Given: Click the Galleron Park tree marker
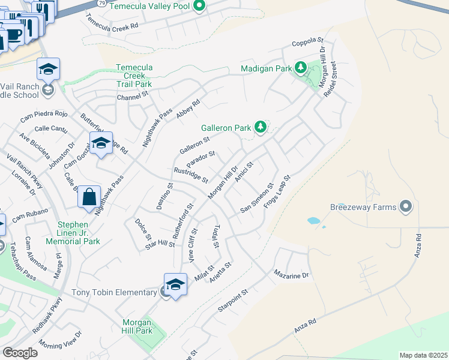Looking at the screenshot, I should click(261, 127).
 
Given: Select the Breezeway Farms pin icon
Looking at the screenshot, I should click(406, 207).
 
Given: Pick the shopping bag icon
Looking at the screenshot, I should click(89, 196).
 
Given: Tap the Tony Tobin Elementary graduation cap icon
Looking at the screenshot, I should click(175, 284).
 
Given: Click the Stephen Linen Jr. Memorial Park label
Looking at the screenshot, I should click(78, 233).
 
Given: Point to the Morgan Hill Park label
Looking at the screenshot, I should click(137, 326).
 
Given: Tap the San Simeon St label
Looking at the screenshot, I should click(256, 199).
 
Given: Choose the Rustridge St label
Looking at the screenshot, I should click(190, 175).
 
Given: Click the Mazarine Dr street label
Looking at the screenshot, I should click(291, 275).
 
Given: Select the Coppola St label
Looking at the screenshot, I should click(307, 43).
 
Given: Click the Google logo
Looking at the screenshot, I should click(20, 352).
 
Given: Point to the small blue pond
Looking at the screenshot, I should click(314, 221).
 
